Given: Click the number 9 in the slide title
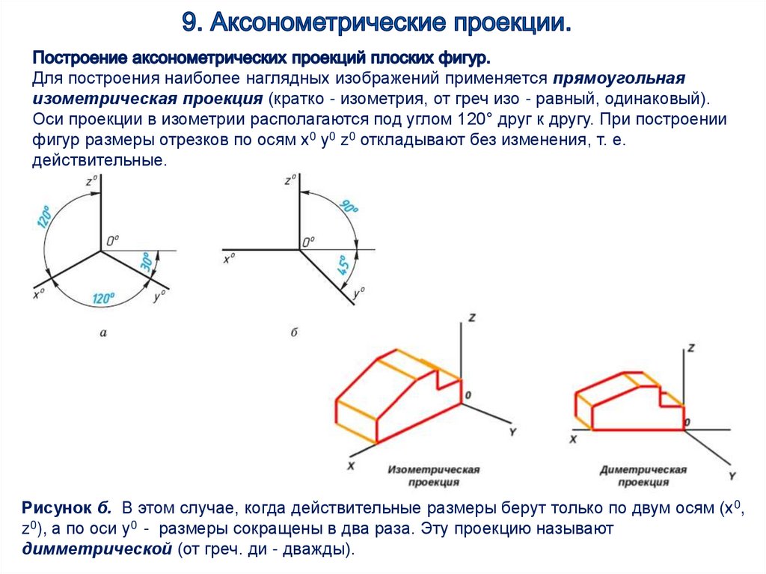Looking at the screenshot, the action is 190,22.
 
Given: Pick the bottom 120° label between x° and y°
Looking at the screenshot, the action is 103,298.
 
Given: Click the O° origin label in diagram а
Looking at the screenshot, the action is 112,241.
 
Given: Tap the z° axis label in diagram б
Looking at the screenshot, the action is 291,181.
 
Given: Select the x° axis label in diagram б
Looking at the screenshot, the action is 229,260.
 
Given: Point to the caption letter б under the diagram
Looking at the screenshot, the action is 294,332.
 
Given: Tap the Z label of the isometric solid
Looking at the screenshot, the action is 471,317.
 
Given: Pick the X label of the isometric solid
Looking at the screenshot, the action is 349,465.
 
